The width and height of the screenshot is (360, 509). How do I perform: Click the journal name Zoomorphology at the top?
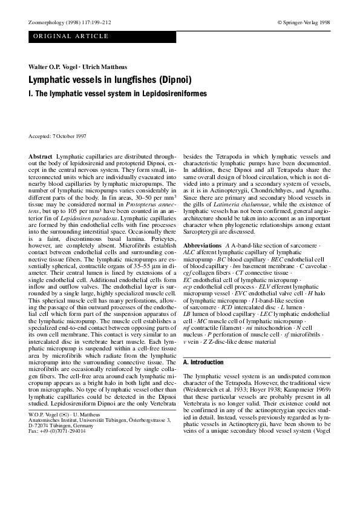(45, 22)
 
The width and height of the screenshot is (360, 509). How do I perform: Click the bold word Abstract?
(41, 157)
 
